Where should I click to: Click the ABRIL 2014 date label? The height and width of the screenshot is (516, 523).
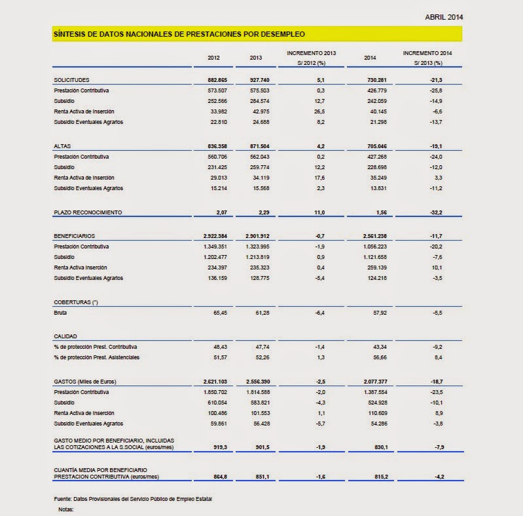pyautogui.click(x=444, y=16)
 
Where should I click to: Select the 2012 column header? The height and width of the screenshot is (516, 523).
pyautogui.click(x=213, y=58)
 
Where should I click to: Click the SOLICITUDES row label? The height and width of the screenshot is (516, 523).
pyautogui.click(x=71, y=79)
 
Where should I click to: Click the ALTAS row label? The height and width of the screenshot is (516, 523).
pyautogui.click(x=63, y=146)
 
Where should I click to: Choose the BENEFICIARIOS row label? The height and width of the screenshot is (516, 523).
pyautogui.click(x=75, y=235)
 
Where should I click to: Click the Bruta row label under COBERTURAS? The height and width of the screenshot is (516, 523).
pyautogui.click(x=61, y=313)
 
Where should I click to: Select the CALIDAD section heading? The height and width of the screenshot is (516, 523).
pyautogui.click(x=65, y=335)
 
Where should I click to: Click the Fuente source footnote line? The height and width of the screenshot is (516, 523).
pyautogui.click(x=133, y=500)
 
